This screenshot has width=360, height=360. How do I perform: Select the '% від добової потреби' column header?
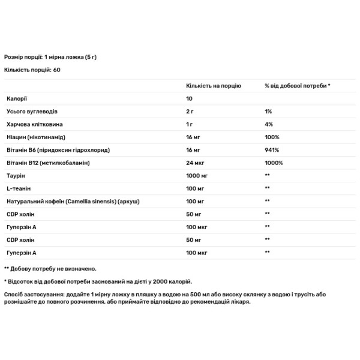point(298,86)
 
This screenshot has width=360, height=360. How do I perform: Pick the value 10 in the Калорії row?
point(190,98)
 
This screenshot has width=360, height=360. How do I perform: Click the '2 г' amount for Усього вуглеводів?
point(190,112)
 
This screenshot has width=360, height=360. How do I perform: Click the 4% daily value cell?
point(268,124)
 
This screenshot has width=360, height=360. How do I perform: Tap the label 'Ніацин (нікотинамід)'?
point(36,137)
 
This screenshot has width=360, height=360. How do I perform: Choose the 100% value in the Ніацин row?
point(271,137)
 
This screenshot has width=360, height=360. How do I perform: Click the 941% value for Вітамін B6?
point(271,149)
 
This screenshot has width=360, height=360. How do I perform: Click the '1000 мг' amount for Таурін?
point(197,175)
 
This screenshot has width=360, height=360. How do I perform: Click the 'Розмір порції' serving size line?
point(24,56)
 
